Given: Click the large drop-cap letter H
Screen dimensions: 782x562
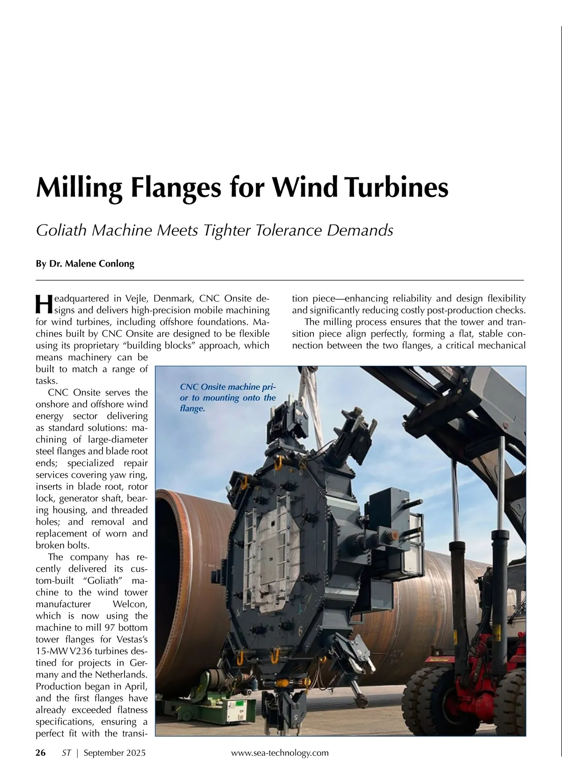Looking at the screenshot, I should coord(43,304).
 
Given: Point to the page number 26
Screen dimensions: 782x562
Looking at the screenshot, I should coord(41,753).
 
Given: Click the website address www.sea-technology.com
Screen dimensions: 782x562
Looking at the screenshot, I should coord(280,753).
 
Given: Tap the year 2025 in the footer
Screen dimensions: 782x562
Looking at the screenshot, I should coord(135,753).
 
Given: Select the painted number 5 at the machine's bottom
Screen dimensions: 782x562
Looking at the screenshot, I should coord(296,716).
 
